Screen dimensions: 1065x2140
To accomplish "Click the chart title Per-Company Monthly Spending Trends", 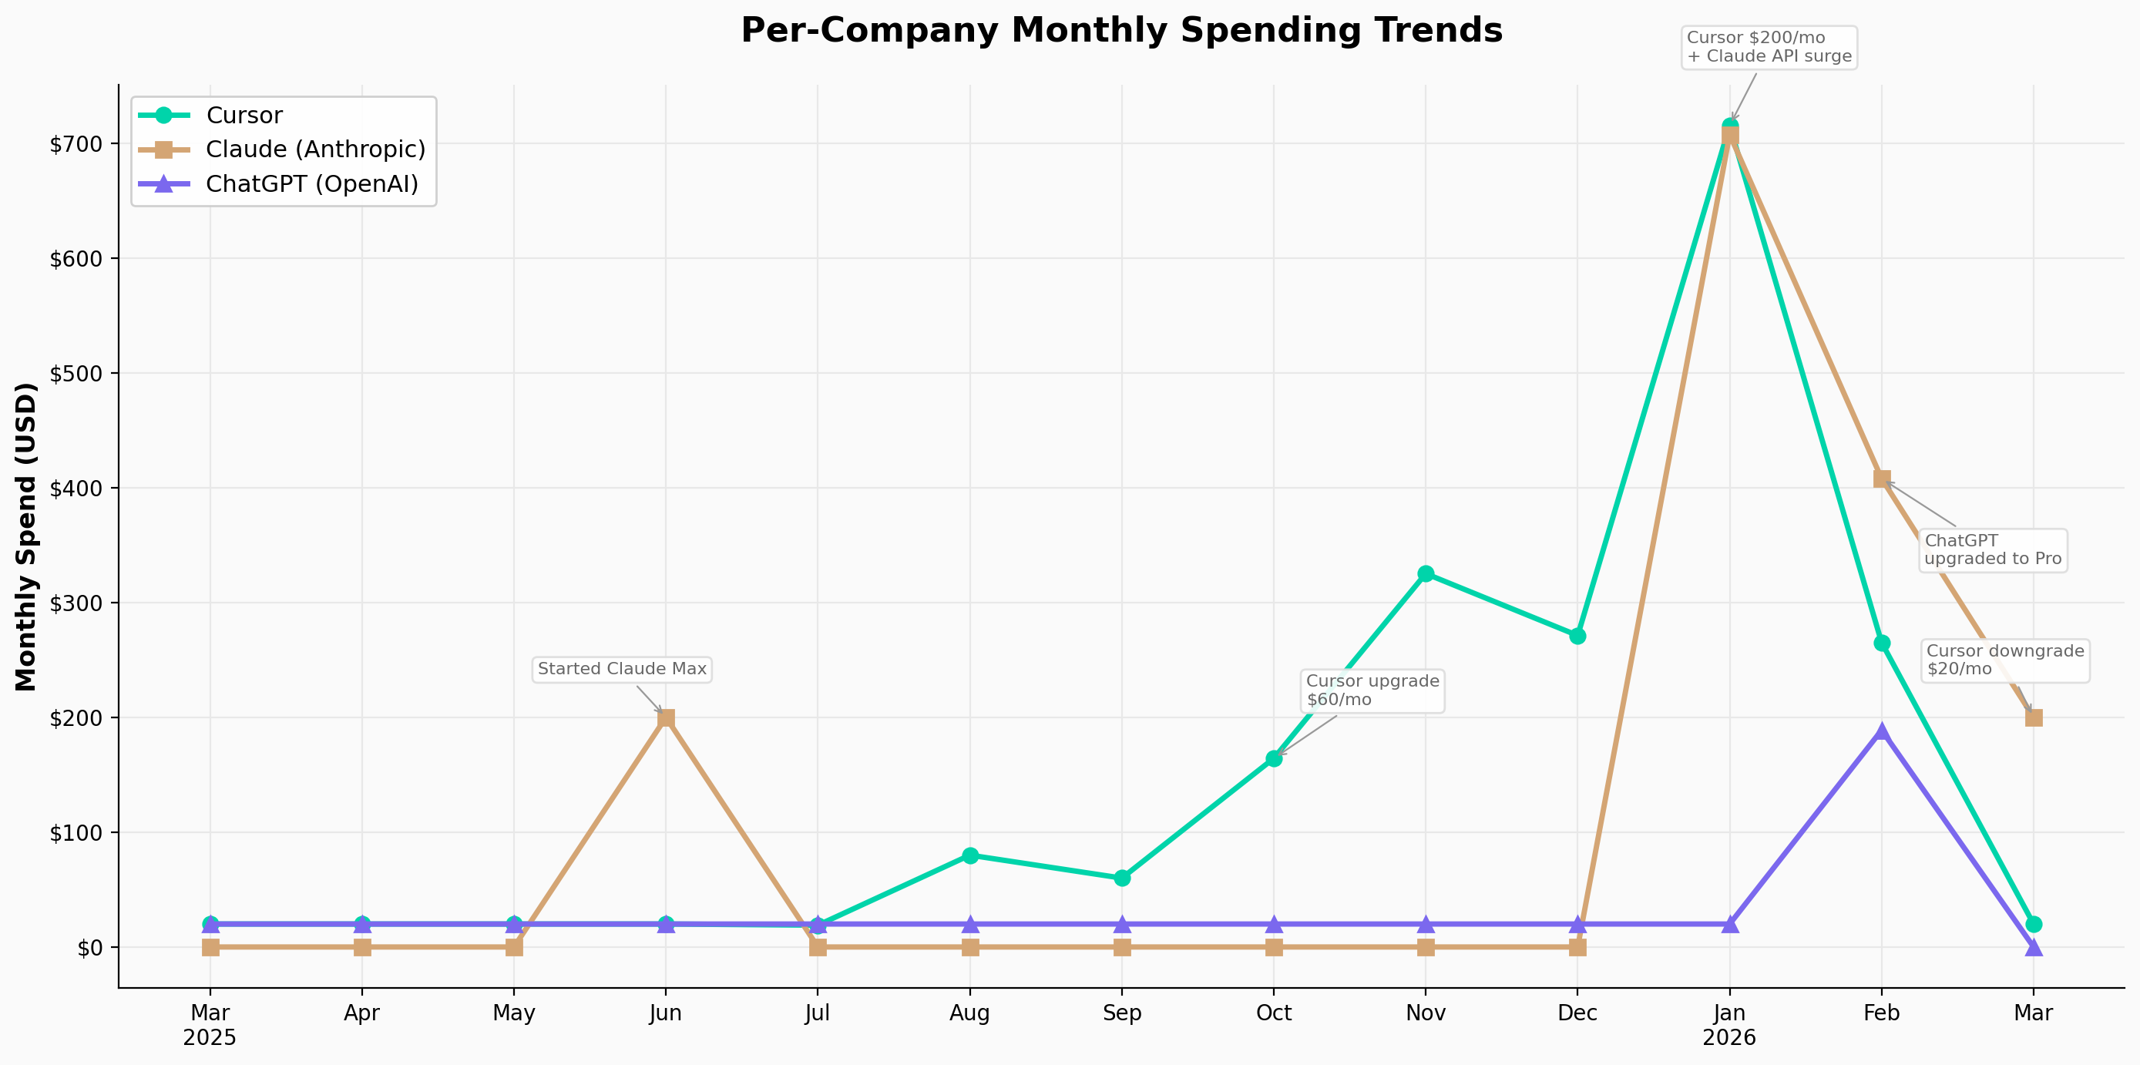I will [1121, 31].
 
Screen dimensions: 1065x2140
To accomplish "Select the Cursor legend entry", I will [244, 116].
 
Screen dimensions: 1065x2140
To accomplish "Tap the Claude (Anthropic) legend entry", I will [315, 150].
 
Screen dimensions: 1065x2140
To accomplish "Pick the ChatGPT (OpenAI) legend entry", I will [311, 183].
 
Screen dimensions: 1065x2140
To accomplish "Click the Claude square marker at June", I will [666, 717].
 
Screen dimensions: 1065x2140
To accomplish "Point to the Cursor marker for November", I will [1426, 574].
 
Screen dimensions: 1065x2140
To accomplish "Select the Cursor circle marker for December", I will [1577, 637].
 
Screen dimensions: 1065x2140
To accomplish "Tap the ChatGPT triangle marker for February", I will [1882, 732].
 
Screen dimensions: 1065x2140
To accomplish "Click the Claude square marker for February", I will [1882, 479].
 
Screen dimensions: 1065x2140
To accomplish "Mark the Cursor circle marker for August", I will [969, 855].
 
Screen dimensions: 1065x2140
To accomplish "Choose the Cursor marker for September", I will [1121, 878].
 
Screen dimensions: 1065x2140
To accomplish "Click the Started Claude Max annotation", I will [621, 670].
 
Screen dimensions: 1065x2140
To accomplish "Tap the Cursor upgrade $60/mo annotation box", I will [1372, 690].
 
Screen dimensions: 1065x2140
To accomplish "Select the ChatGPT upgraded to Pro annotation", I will [1992, 550].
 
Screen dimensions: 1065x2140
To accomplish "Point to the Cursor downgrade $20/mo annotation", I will [2004, 660].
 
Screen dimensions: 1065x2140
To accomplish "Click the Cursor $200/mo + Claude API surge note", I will [1769, 47].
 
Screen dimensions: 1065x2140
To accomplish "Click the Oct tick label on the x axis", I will [1274, 1013].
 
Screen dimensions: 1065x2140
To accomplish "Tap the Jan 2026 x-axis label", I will [1729, 1025].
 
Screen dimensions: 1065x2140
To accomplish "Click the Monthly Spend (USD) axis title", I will [26, 536].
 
